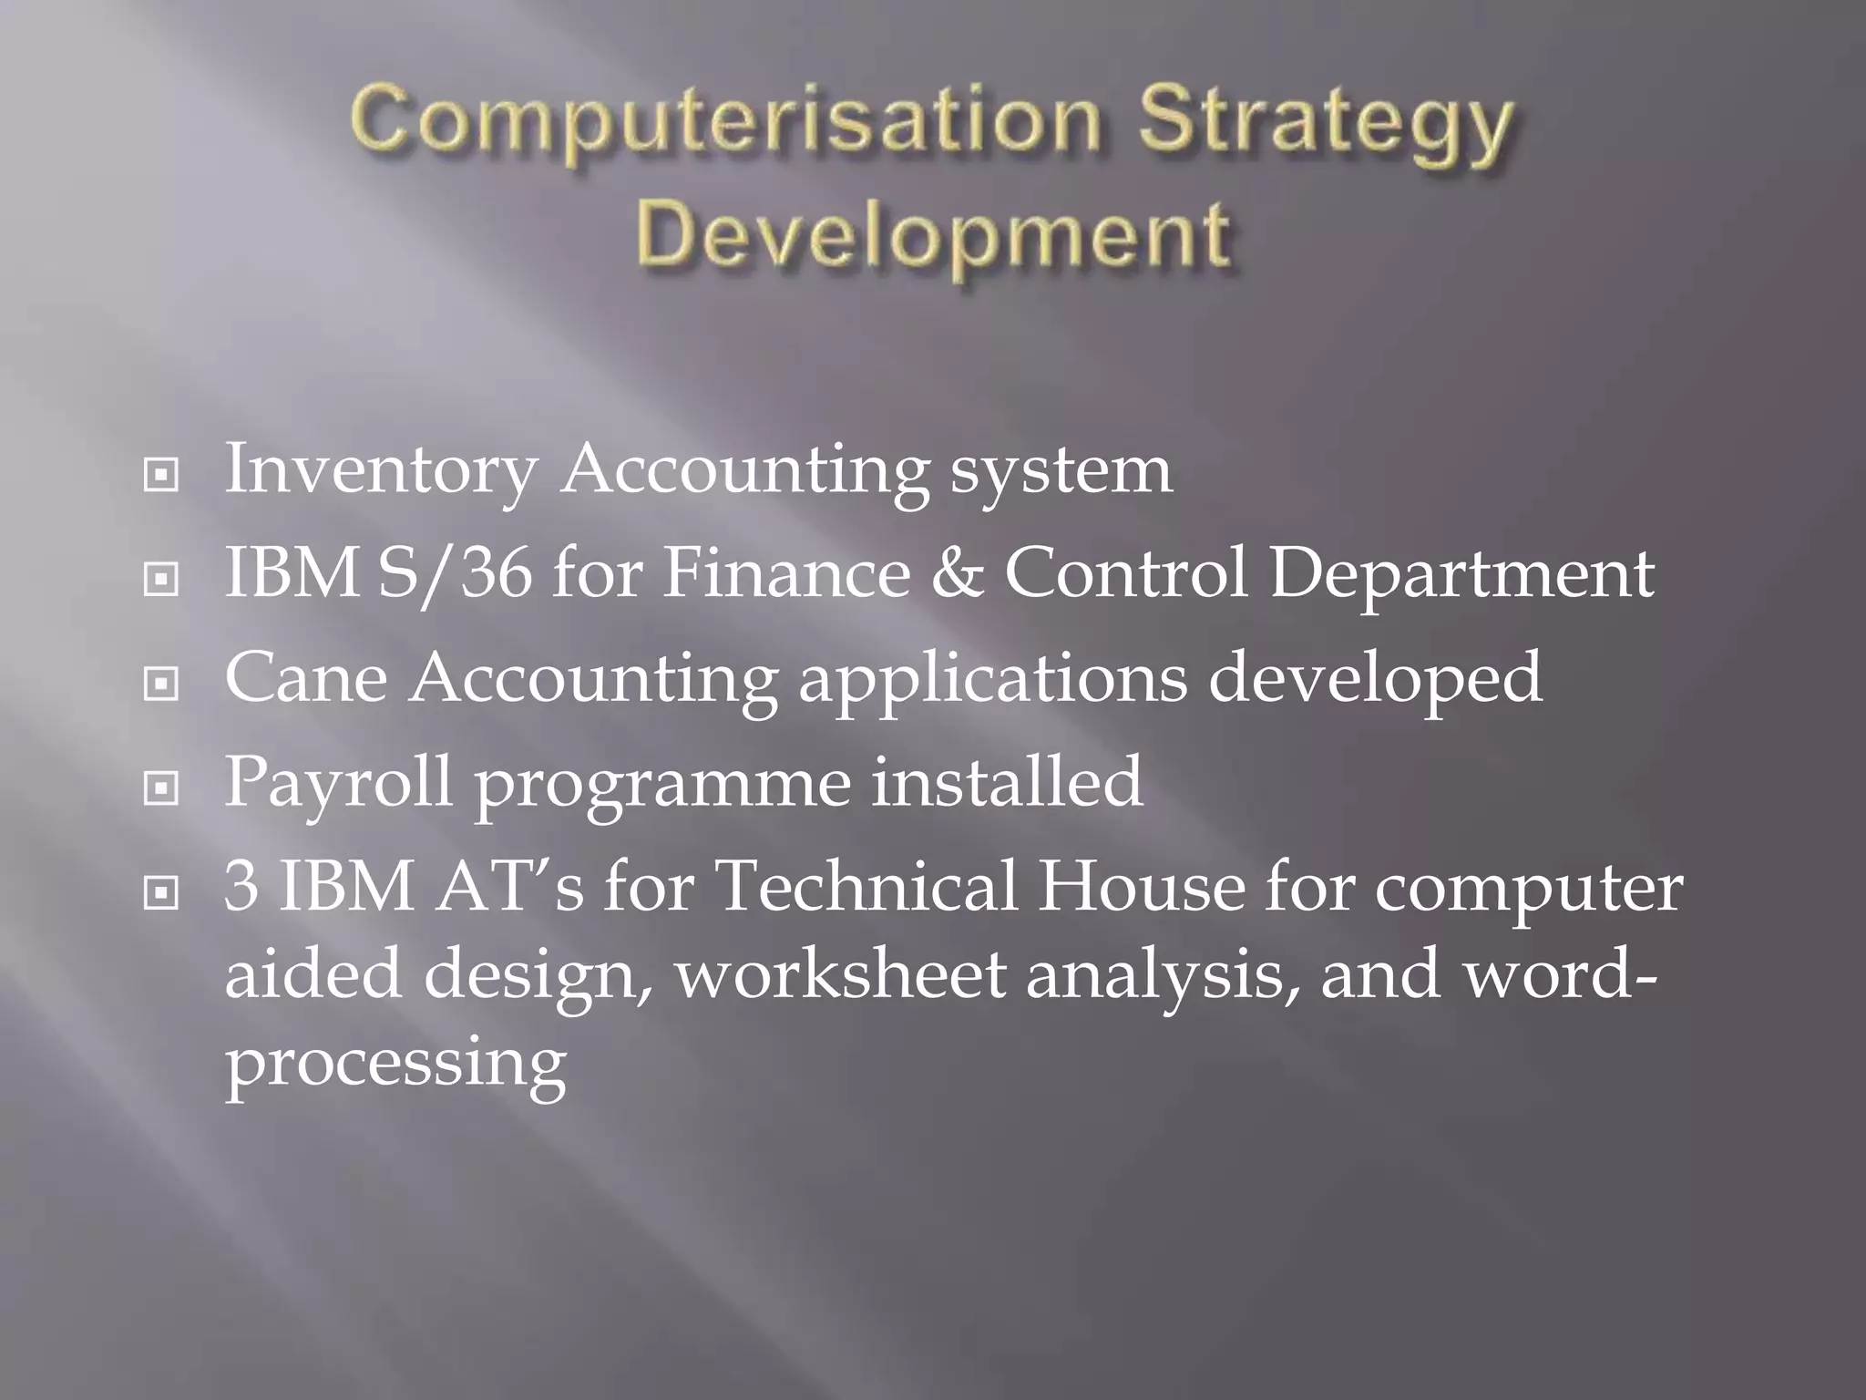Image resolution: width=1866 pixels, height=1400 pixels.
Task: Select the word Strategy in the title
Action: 1325,125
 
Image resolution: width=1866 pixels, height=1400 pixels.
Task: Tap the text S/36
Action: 454,575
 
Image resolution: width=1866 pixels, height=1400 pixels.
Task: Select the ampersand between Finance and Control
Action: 957,575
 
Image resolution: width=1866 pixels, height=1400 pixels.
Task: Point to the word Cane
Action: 306,679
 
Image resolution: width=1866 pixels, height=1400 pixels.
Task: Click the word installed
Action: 1007,782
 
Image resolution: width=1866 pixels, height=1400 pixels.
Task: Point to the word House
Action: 1141,888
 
